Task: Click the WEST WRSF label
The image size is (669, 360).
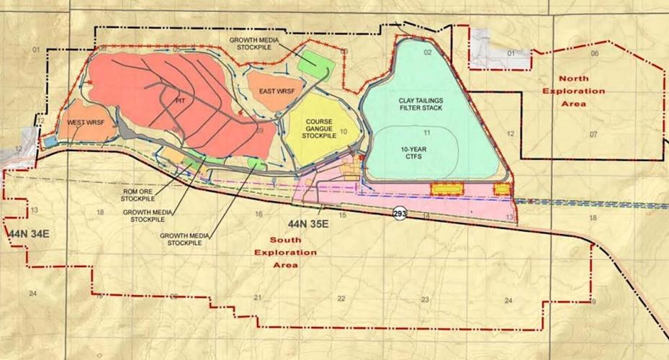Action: click(x=82, y=123)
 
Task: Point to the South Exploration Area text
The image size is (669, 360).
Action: click(x=285, y=253)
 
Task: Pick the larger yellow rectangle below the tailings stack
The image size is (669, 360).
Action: click(x=446, y=189)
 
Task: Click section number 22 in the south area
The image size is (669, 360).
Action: click(x=341, y=298)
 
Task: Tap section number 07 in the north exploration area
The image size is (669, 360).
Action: click(x=594, y=135)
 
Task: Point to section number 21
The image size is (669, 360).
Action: click(x=257, y=297)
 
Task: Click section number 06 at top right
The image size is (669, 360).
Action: click(x=595, y=54)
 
